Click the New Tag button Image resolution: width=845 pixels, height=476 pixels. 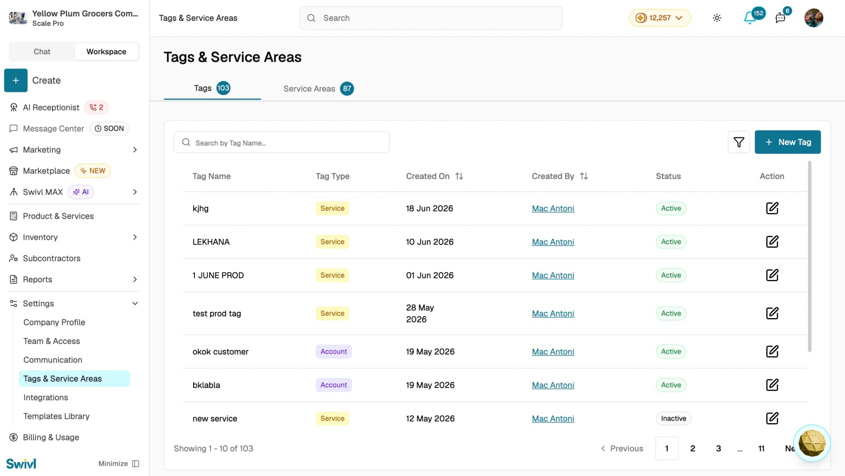pos(787,142)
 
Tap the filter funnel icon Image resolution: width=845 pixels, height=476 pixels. pos(739,142)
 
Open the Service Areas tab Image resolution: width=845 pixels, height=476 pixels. pos(318,88)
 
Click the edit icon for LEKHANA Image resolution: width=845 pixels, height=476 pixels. pos(772,242)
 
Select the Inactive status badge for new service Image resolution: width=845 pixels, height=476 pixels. pos(673,418)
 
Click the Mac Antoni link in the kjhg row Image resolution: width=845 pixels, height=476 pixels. pos(553,208)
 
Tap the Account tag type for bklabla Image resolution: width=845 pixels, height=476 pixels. pos(334,385)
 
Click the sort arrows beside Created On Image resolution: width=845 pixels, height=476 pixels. pos(459,176)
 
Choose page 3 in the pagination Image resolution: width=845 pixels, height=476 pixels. pos(718,448)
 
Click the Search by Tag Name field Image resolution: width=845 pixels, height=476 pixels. pos(282,142)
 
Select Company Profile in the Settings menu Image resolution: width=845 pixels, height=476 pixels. pos(54,322)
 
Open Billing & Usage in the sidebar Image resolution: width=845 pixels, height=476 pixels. pos(51,437)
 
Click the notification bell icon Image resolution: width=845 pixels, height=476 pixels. pos(749,18)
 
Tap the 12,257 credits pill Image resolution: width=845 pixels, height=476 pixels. pos(660,18)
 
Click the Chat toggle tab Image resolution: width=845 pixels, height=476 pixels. pos(42,51)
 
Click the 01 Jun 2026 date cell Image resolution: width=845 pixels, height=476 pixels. pos(430,275)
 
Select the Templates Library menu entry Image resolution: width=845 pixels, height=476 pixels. pos(56,416)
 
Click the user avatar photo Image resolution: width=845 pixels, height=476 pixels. pos(813,18)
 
